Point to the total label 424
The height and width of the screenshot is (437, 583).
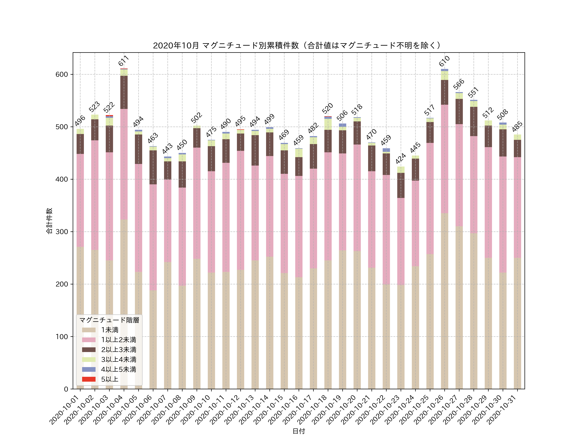click(401, 159)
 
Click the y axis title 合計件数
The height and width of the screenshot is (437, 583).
click(49, 221)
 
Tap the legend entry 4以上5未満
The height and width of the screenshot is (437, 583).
click(119, 369)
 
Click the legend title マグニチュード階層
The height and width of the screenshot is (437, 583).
click(109, 320)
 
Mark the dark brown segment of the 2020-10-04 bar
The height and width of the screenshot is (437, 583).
click(124, 92)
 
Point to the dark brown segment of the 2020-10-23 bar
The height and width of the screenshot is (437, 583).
click(401, 185)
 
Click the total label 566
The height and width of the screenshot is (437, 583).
click(459, 84)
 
